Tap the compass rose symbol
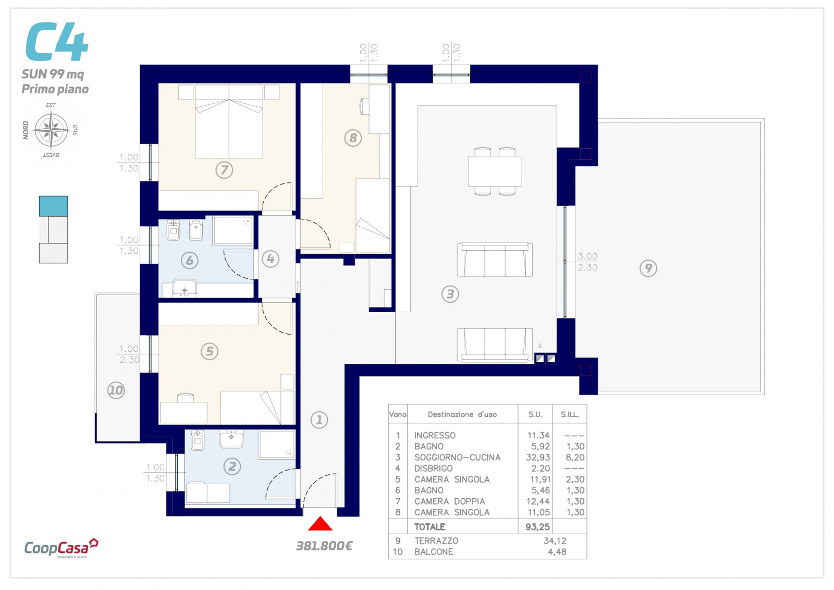click(52, 130)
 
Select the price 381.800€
click(324, 546)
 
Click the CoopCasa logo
click(61, 548)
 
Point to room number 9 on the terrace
click(648, 268)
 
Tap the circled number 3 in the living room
click(450, 294)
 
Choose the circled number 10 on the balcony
click(116, 390)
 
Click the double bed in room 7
click(229, 121)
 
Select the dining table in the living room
click(495, 171)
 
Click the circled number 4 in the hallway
click(271, 259)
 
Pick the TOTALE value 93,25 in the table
click(537, 527)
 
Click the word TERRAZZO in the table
click(436, 541)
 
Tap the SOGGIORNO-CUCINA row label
click(457, 457)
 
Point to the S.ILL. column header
click(570, 414)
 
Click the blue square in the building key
click(54, 206)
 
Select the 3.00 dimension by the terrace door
click(587, 256)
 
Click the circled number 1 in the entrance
click(319, 420)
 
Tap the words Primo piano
click(55, 89)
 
